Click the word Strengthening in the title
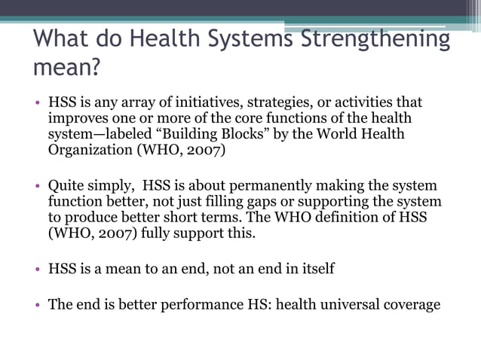click(x=375, y=39)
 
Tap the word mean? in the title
click(x=66, y=69)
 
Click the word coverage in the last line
click(x=412, y=305)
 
